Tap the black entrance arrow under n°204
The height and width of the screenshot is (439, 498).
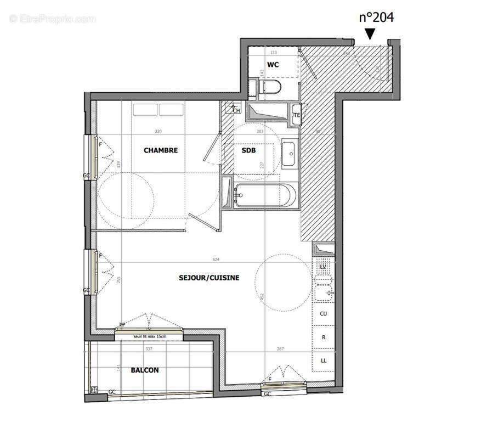(x=370, y=34)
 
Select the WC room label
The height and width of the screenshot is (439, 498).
(x=273, y=65)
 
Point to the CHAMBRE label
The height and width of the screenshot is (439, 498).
(x=160, y=150)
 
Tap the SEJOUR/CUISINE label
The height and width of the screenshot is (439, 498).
(x=209, y=278)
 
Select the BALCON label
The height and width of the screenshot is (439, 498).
(x=145, y=370)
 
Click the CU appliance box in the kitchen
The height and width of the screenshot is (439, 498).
(x=324, y=314)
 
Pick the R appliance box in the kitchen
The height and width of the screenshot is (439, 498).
(x=324, y=337)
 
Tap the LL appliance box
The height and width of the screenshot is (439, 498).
(x=324, y=361)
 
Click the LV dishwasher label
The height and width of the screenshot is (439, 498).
(x=324, y=267)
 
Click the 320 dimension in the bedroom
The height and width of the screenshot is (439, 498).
(x=159, y=132)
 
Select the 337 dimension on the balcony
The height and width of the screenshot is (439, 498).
(x=132, y=348)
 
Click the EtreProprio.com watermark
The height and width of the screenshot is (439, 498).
(x=52, y=19)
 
